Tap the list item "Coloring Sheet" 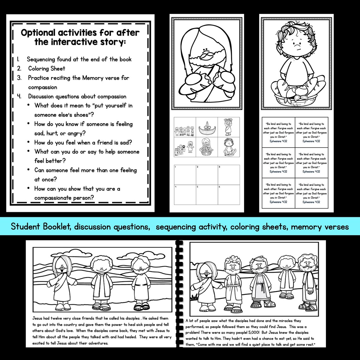click(47, 69)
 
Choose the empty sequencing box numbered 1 click(185, 175)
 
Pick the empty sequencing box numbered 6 click(229, 195)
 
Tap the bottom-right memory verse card click(311, 193)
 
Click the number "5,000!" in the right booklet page click(282, 333)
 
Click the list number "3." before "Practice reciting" click(19, 78)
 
